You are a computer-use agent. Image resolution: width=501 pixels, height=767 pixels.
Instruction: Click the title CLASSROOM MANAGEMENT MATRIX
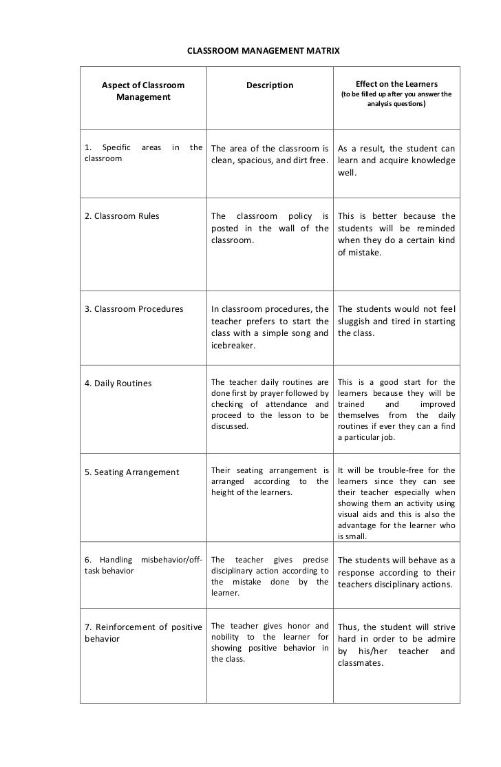pos(264,52)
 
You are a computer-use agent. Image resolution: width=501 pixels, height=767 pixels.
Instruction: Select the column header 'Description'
pos(270,85)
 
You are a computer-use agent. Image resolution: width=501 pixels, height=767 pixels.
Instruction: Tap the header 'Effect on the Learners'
pos(396,84)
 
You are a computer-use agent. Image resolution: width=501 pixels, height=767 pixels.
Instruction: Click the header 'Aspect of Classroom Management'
pos(143,92)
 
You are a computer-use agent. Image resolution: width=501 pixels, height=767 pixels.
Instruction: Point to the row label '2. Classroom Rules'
pos(122,216)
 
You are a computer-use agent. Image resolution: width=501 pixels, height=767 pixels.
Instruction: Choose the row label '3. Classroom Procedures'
pos(134,308)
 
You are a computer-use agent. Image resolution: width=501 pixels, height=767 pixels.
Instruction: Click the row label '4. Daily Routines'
pos(118,383)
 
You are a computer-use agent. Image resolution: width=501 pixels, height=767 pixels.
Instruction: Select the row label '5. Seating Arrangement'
pos(131,472)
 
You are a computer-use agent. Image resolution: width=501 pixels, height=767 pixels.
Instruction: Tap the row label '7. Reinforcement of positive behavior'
pos(143,632)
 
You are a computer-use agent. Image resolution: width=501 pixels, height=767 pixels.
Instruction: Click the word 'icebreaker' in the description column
pos(233,346)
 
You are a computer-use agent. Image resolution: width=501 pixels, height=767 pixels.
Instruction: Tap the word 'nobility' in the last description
pos(228,637)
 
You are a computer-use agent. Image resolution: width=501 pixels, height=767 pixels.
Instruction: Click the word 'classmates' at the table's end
pos(361,664)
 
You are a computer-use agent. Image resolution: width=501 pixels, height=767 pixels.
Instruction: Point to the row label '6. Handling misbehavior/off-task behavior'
pos(143,565)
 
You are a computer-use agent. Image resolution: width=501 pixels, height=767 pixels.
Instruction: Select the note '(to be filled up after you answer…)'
pos(396,99)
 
